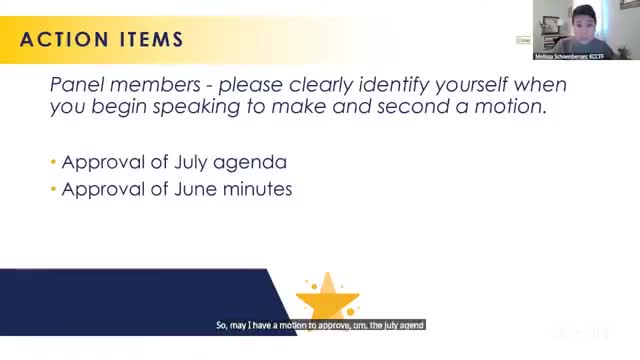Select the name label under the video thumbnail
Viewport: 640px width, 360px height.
(x=570, y=57)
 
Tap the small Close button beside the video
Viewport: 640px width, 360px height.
(x=523, y=40)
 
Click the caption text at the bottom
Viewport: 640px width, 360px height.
(x=321, y=325)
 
